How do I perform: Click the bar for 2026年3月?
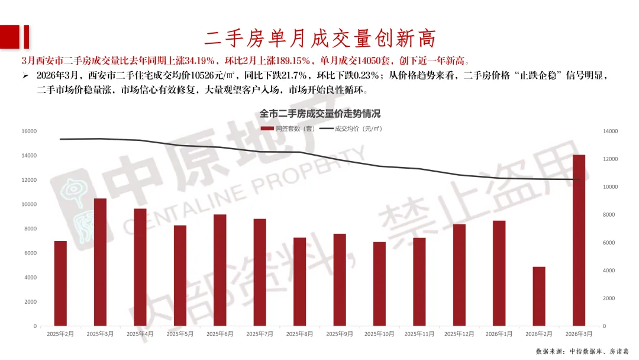[x=579, y=240]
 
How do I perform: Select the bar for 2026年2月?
[x=539, y=296]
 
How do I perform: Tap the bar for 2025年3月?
[x=101, y=262]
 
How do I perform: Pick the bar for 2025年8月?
[x=300, y=281]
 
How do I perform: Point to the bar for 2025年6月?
[x=220, y=270]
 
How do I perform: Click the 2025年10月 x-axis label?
[x=379, y=334]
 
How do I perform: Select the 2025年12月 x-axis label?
[x=459, y=334]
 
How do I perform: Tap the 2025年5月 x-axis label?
[x=180, y=334]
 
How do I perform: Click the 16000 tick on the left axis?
[x=28, y=131]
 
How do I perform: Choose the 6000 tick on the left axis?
[x=30, y=253]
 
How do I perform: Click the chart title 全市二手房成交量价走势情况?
[x=319, y=114]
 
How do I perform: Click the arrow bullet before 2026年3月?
[x=25, y=76]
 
